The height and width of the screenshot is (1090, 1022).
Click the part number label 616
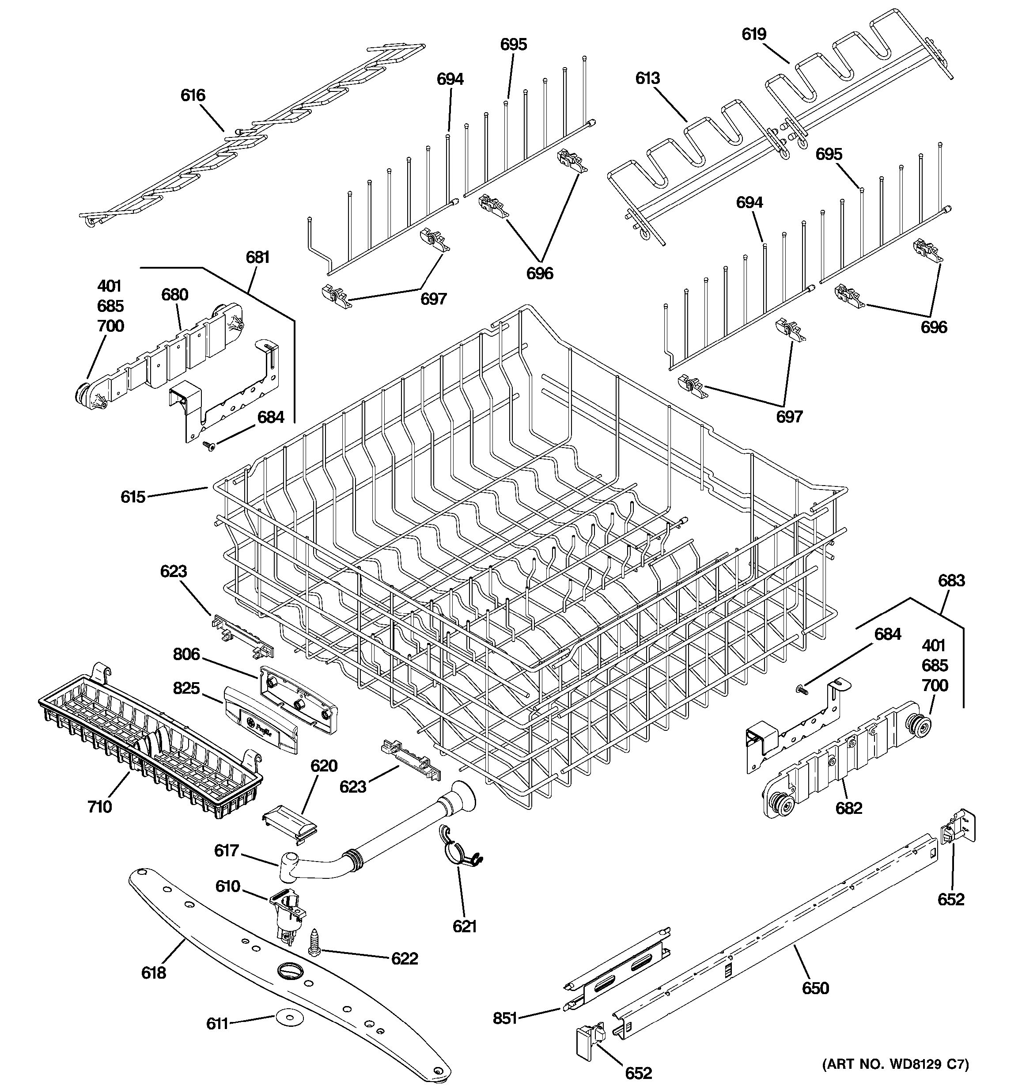coord(193,95)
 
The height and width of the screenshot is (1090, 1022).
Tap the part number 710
coord(100,806)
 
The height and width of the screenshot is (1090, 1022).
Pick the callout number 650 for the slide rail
coord(815,988)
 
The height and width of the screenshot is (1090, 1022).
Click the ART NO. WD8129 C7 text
coord(895,1065)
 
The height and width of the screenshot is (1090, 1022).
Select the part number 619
coord(754,34)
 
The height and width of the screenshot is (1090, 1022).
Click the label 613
coord(648,78)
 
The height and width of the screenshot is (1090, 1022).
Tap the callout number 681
coord(257,257)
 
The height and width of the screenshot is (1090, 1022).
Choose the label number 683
coord(951,581)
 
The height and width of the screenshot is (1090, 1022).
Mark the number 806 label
coord(186,654)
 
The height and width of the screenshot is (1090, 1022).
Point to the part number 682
coord(849,808)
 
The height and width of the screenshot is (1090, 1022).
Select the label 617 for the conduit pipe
coord(226,851)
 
